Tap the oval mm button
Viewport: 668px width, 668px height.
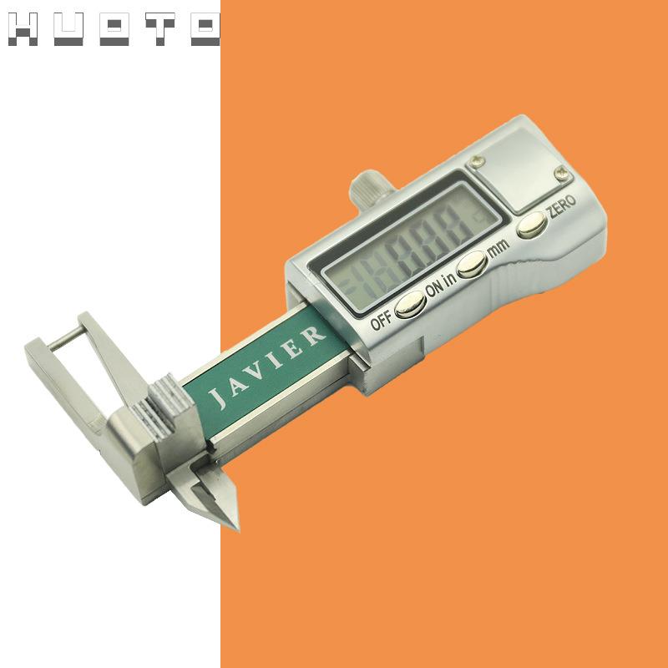(x=471, y=264)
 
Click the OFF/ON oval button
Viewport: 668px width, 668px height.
(x=410, y=305)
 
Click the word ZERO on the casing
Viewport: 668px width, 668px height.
(x=561, y=206)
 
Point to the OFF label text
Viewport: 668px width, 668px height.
(x=381, y=321)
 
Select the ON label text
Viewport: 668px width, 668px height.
(x=435, y=288)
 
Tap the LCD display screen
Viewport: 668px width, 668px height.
(x=411, y=247)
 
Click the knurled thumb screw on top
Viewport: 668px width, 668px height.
(x=370, y=185)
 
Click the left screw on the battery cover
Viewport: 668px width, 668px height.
(x=477, y=161)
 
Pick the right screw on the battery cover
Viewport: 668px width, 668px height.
(x=562, y=173)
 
